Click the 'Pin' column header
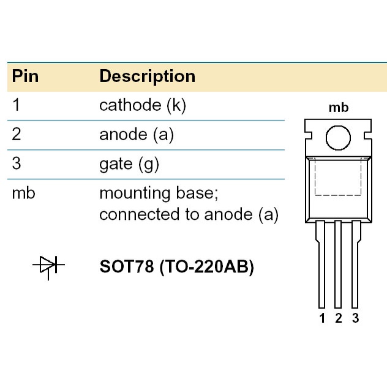[x=26, y=77]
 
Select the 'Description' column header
[x=147, y=77]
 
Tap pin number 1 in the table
[x=17, y=105]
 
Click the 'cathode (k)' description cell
[x=142, y=105]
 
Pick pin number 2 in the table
[x=17, y=135]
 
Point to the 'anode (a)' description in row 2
[x=136, y=135]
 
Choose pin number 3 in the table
[x=17, y=164]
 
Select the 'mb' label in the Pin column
[x=23, y=193]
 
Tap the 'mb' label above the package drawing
[x=338, y=108]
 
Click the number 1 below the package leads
[x=322, y=318]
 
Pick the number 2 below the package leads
[x=338, y=318]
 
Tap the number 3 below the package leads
[x=355, y=318]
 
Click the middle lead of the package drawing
[x=338, y=263]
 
